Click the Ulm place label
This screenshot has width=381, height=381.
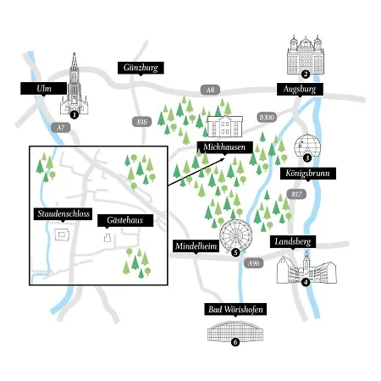[x=44, y=89]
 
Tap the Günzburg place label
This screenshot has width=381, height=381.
[x=141, y=68]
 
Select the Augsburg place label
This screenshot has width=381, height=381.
[x=300, y=90]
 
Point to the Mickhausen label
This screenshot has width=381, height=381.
[x=224, y=147]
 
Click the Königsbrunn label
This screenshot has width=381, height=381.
[x=308, y=174]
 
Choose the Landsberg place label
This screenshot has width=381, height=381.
[x=293, y=242]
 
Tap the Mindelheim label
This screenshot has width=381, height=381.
[x=196, y=246]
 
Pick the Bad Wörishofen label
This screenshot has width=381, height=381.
[x=235, y=310]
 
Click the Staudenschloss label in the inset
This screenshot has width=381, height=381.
[x=63, y=214]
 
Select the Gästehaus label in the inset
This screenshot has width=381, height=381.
[x=125, y=220]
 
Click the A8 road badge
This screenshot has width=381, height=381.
[x=210, y=90]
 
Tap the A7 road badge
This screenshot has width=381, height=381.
[x=61, y=128]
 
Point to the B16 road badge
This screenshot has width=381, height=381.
[x=142, y=122]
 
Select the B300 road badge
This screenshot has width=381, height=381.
[x=267, y=117]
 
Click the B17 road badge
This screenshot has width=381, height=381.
[x=296, y=194]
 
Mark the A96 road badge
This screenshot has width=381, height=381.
[x=253, y=263]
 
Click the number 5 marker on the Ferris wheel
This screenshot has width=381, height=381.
[x=235, y=252]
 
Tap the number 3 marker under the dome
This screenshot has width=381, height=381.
[x=307, y=157]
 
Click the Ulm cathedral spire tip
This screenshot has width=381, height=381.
[x=75, y=53]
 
